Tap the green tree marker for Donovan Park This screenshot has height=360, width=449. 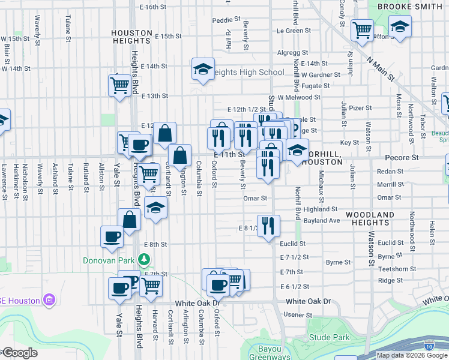[143, 259]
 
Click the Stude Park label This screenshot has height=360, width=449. [329, 337]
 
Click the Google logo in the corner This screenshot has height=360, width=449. [19, 353]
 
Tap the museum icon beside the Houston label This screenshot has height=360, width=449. [49, 300]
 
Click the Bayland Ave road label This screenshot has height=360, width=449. [322, 221]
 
